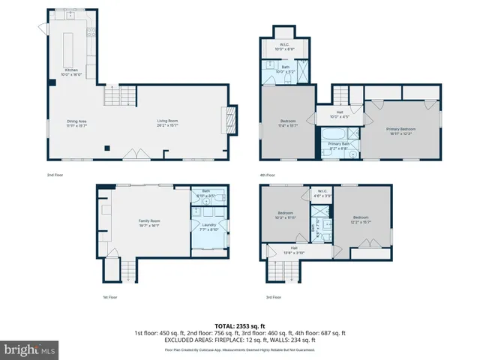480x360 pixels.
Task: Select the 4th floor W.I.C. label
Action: click(285, 46)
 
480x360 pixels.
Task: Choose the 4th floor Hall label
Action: click(340, 115)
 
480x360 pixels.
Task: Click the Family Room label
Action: click(148, 223)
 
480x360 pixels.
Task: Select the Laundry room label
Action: click(209, 226)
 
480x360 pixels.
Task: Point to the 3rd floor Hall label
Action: click(294, 250)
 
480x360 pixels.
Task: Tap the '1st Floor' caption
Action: click(110, 297)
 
